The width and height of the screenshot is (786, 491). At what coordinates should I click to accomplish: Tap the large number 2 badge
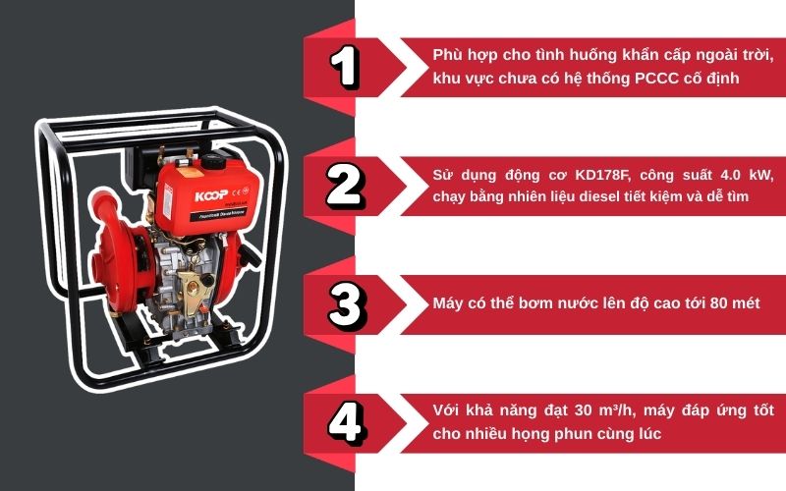[x=345, y=184]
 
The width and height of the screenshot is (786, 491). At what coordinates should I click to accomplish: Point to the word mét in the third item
[x=746, y=304]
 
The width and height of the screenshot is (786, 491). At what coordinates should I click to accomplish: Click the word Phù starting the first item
[x=448, y=56]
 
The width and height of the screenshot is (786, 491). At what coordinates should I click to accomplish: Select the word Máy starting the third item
[x=448, y=304]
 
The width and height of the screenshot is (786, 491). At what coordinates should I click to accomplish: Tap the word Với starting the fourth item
[x=446, y=410]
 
